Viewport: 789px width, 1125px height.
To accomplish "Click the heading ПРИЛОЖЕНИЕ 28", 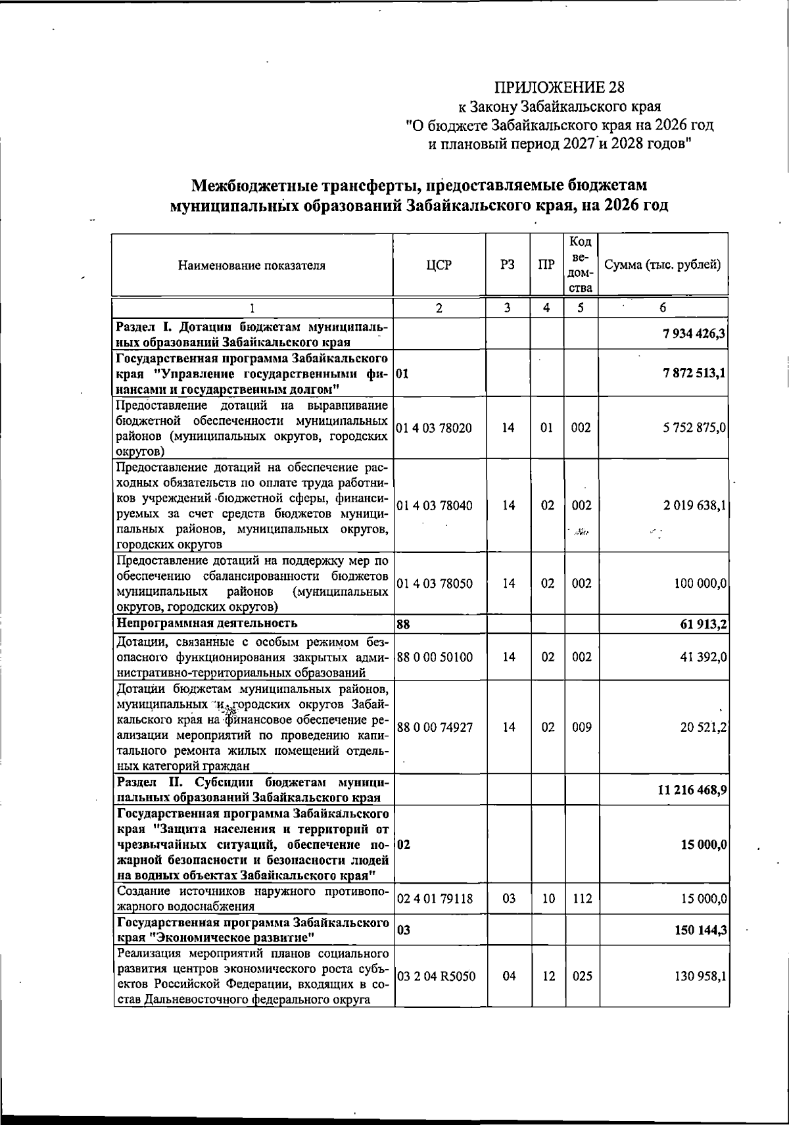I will tap(559, 87).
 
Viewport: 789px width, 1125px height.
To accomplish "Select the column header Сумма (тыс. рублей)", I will tap(663, 266).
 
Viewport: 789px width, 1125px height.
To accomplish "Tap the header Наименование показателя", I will tap(251, 266).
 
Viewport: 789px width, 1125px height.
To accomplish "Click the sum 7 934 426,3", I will tap(694, 334).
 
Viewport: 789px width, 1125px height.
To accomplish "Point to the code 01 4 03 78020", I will tap(434, 428).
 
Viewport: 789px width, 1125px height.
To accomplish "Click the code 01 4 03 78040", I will tap(434, 506).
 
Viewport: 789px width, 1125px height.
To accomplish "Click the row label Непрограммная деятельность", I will tap(206, 623).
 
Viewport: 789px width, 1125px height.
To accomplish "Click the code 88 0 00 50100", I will tap(434, 657).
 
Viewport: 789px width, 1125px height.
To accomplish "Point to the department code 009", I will tap(581, 728).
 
